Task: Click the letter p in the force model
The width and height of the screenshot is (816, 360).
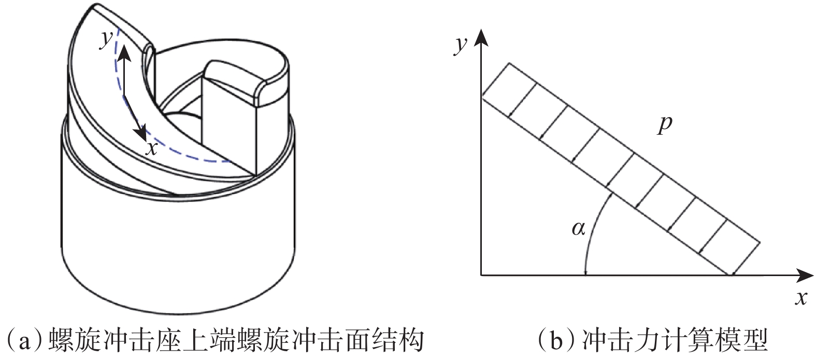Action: [664, 126]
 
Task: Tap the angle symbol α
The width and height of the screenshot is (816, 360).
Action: [578, 228]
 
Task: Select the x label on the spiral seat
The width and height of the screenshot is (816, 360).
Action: [151, 148]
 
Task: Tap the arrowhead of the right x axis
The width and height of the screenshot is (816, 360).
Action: [806, 275]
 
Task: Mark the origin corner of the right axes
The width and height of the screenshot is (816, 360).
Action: [482, 275]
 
